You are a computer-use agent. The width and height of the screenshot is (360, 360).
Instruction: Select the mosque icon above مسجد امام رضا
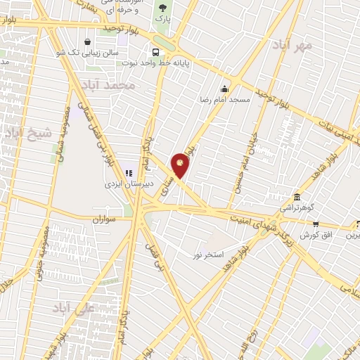click(x=224, y=89)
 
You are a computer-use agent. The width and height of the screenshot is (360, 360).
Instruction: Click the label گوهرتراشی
click(x=298, y=208)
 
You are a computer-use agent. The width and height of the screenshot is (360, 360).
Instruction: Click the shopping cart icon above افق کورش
click(x=315, y=224)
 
